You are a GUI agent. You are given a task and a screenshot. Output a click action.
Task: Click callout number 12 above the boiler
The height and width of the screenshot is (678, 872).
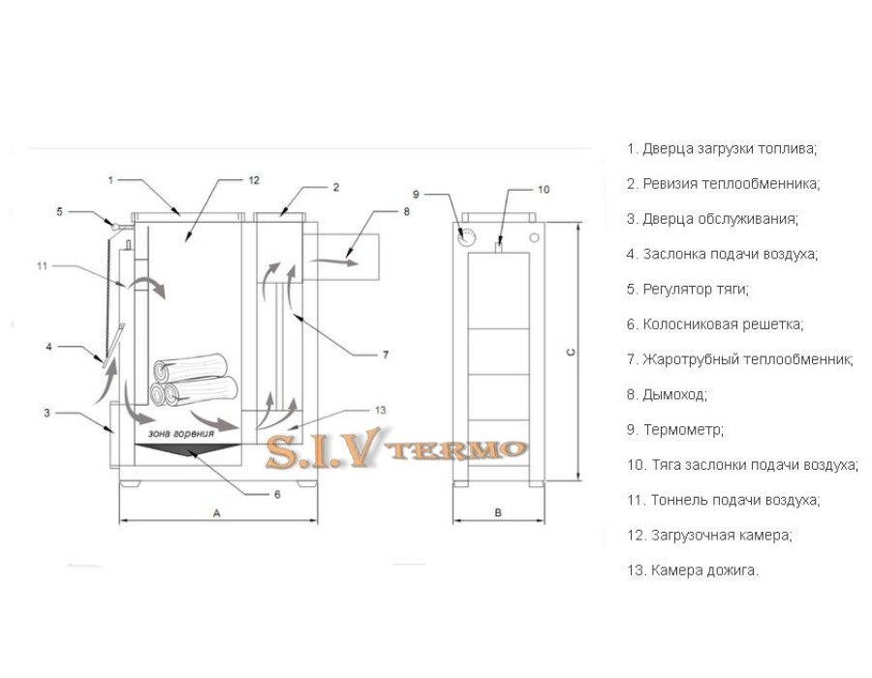[254, 180]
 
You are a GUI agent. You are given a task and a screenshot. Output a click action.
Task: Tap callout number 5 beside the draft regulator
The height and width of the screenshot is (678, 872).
[59, 212]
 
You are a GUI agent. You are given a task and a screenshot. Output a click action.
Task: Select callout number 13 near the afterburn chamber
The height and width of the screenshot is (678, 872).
[381, 410]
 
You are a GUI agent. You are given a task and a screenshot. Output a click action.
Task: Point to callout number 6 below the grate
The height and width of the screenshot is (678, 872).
[277, 494]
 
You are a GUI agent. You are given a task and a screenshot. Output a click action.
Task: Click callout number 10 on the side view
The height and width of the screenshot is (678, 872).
[544, 190]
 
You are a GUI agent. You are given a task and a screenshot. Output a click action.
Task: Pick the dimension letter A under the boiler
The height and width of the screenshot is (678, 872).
[217, 513]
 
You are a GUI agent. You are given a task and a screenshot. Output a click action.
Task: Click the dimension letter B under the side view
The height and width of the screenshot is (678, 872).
[498, 512]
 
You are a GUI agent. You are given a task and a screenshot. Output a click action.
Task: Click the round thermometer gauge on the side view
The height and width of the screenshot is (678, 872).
[467, 237]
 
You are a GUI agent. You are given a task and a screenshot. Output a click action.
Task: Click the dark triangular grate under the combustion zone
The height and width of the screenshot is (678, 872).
[188, 450]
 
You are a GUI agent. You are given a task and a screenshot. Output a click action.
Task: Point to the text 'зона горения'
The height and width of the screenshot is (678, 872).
[181, 434]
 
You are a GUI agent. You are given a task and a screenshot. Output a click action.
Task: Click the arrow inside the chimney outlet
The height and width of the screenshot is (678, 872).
[333, 261]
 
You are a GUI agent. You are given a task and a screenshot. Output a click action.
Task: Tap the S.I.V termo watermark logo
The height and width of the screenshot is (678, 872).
[396, 447]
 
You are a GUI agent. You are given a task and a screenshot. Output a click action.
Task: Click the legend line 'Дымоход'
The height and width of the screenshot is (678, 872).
[667, 395]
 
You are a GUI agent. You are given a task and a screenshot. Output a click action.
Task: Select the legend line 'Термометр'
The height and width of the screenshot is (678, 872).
[675, 430]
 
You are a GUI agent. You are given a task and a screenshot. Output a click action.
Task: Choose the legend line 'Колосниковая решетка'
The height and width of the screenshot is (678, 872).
[715, 324]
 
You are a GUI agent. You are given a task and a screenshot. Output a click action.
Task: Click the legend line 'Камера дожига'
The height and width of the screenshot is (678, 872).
[693, 570]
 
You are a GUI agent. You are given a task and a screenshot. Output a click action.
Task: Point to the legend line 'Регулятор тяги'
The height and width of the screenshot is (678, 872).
[688, 290]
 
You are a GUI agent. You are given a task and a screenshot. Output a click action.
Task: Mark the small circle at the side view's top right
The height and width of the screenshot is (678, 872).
[534, 238]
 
